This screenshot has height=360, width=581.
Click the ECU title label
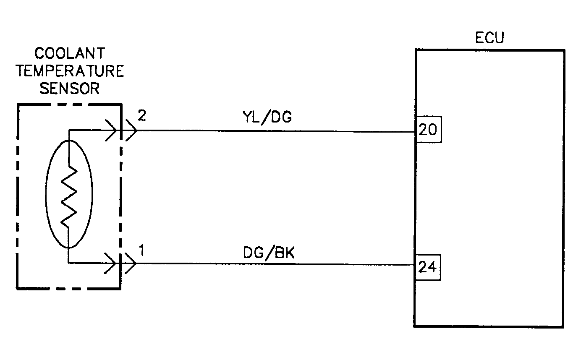(489, 38)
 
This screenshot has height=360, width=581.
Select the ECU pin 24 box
(428, 267)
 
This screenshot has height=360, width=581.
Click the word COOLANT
(70, 54)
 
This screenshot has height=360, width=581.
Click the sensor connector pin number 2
(142, 116)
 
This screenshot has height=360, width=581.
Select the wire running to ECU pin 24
(273, 265)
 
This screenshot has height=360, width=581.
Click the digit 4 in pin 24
(433, 267)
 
